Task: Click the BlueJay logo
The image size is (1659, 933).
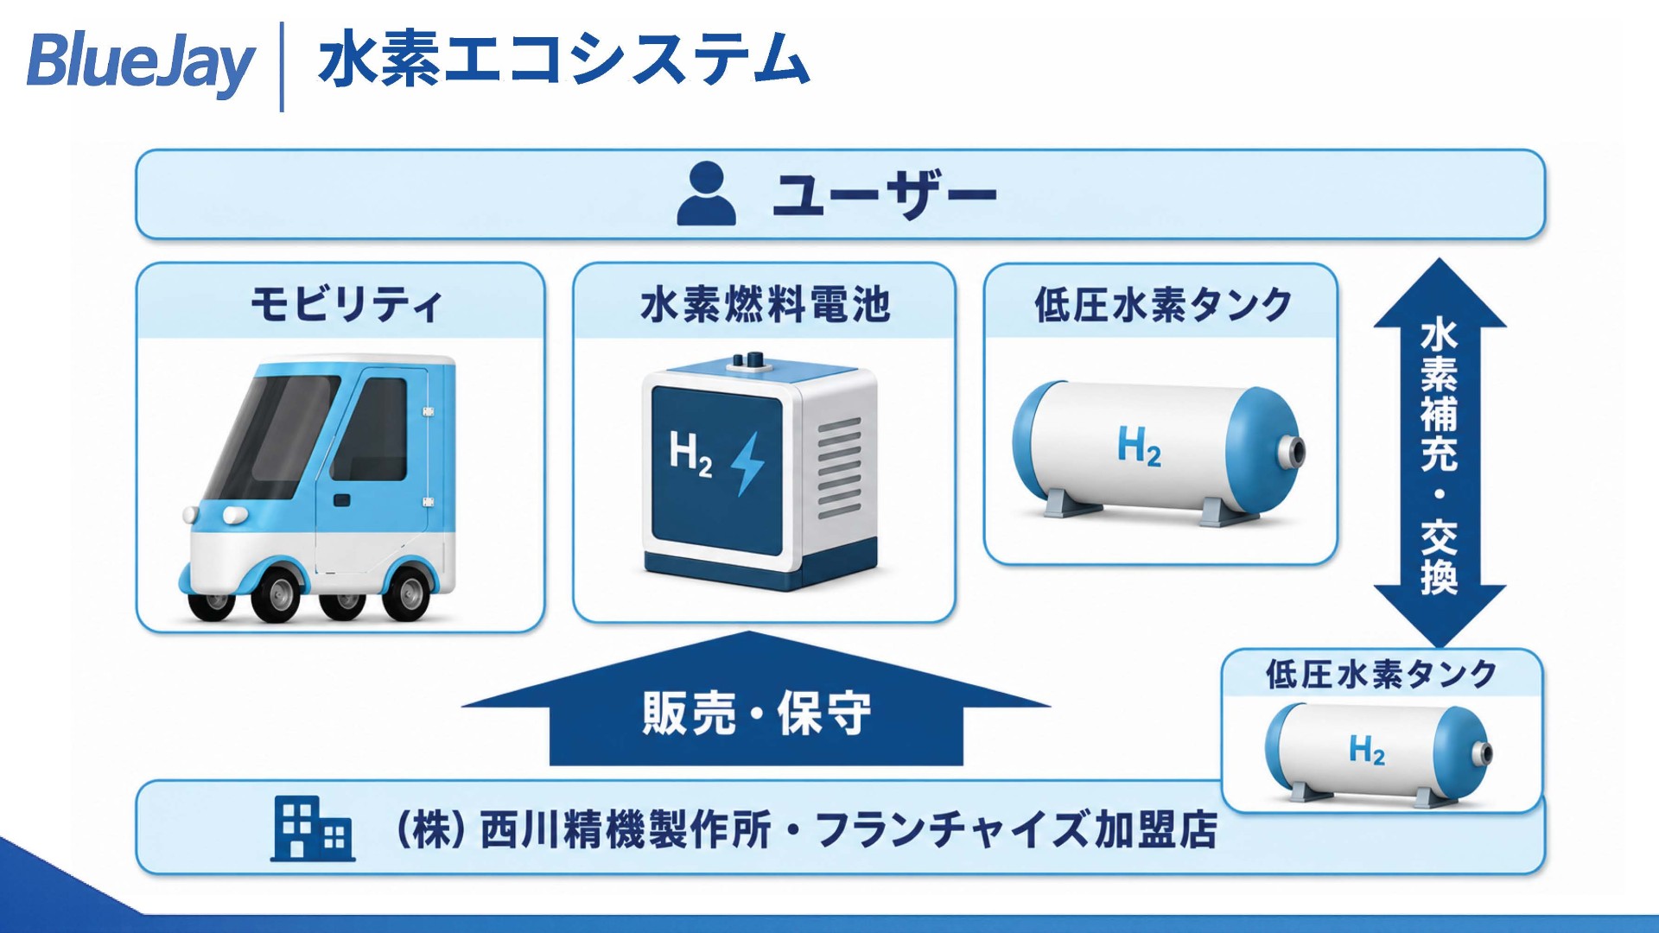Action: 141,63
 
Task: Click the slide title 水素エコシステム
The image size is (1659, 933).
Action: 563,59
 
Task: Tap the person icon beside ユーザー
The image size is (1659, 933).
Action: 707,194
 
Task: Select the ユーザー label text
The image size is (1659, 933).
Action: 884,194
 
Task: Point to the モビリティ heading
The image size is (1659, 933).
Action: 346,304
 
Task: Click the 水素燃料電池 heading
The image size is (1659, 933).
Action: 766,305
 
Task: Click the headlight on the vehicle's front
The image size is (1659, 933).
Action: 234,516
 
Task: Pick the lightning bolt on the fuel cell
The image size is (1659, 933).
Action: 747,464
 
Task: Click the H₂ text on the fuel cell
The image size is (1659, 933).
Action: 691,454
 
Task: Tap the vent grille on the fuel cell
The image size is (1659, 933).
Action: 838,467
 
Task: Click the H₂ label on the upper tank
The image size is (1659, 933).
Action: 1139,447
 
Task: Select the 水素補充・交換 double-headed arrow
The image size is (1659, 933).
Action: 1440,454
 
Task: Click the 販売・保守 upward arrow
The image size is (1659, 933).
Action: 756,700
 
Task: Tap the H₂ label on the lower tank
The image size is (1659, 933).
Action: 1367,749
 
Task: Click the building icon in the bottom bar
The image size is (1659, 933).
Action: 313,828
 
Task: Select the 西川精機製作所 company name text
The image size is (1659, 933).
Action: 625,830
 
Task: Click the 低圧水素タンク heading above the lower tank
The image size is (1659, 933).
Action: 1381,674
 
